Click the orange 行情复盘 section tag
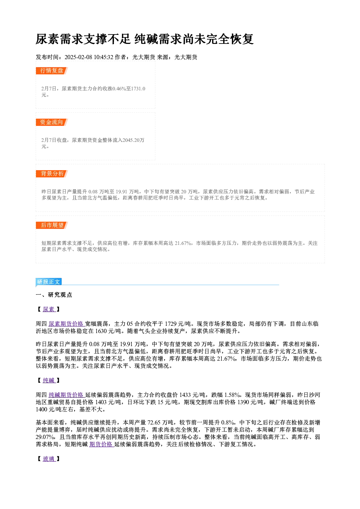(x=52, y=71)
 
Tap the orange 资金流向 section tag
(x=52, y=122)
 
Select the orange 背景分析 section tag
(x=52, y=174)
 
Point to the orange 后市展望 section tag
(x=52, y=225)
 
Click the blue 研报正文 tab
(x=49, y=282)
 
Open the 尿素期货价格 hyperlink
(x=66, y=324)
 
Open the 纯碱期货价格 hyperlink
(x=66, y=395)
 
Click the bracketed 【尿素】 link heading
(x=49, y=309)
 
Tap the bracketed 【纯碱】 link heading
(x=49, y=380)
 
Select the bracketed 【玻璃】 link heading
(x=49, y=459)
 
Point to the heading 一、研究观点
(x=54, y=295)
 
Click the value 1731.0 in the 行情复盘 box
(x=138, y=89)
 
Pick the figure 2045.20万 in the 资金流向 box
(x=134, y=140)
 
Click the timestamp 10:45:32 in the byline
(x=104, y=57)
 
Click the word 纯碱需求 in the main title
(x=158, y=39)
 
